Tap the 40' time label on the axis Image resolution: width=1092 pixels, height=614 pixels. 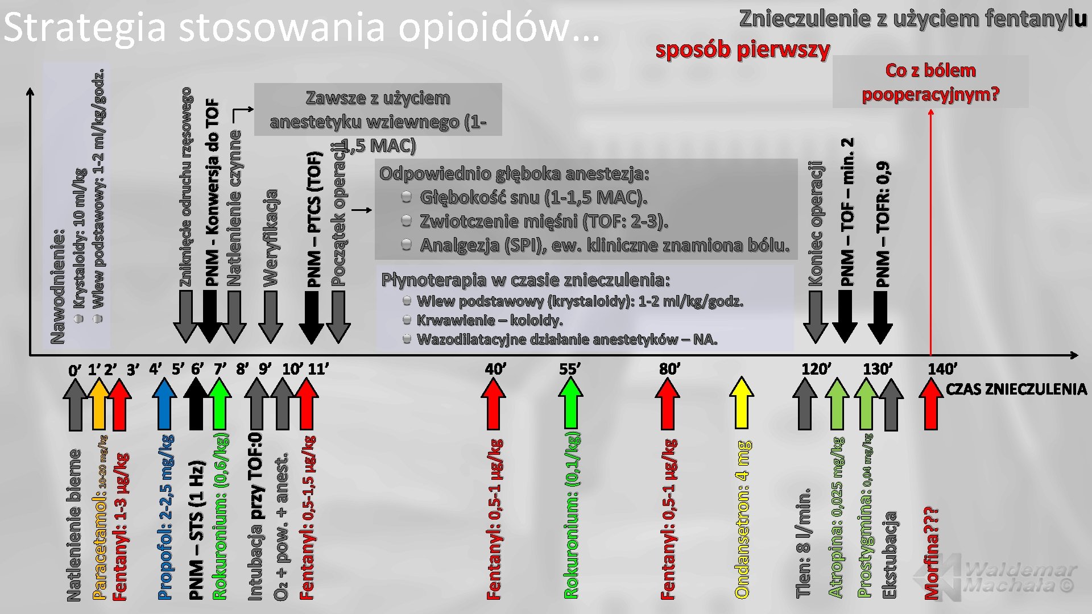495,369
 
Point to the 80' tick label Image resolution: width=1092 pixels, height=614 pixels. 669,369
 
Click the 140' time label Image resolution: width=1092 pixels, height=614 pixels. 942,369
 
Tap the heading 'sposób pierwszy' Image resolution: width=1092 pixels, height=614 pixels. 742,50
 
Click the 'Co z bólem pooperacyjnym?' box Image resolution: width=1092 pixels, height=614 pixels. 930,82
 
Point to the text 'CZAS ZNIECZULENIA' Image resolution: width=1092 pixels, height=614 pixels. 1016,389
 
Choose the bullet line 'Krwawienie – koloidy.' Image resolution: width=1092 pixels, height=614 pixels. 489,320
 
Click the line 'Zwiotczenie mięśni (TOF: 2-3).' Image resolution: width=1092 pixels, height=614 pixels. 543,221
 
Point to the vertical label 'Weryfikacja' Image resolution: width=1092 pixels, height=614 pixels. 271,238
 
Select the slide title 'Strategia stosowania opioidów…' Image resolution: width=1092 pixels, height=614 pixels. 301,27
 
